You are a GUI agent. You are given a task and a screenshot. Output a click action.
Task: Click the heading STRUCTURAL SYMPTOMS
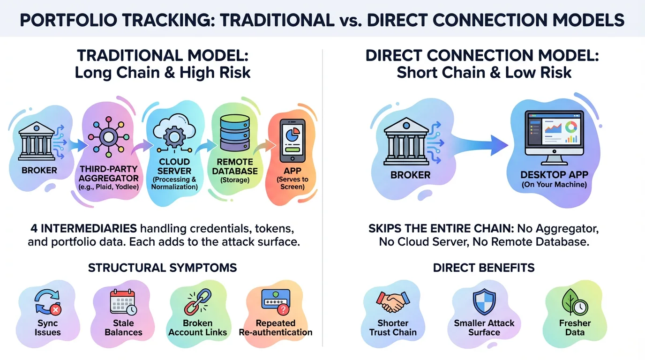coord(162,268)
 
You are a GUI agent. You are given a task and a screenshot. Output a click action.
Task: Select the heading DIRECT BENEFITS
coord(483,268)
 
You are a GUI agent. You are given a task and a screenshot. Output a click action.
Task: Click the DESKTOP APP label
coord(554,175)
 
